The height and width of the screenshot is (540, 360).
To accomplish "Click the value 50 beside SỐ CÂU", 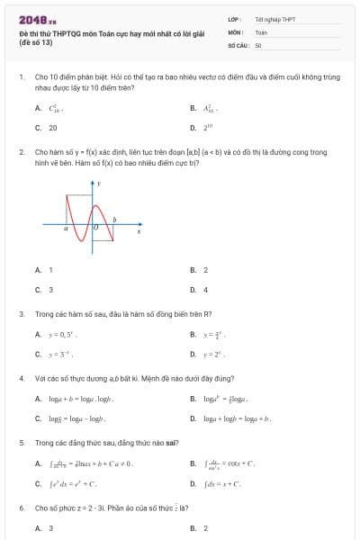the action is coord(258,44).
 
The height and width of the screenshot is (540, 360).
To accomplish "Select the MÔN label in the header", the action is coord(235,31).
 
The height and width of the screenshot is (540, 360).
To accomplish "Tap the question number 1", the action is coord(21,77).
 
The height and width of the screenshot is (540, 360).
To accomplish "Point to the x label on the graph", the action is coord(139,232).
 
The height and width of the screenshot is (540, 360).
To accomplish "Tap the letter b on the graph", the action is coord(112,220).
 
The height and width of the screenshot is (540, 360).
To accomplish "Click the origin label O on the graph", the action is coord(94,231).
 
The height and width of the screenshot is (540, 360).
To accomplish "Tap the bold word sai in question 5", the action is coord(171,443).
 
